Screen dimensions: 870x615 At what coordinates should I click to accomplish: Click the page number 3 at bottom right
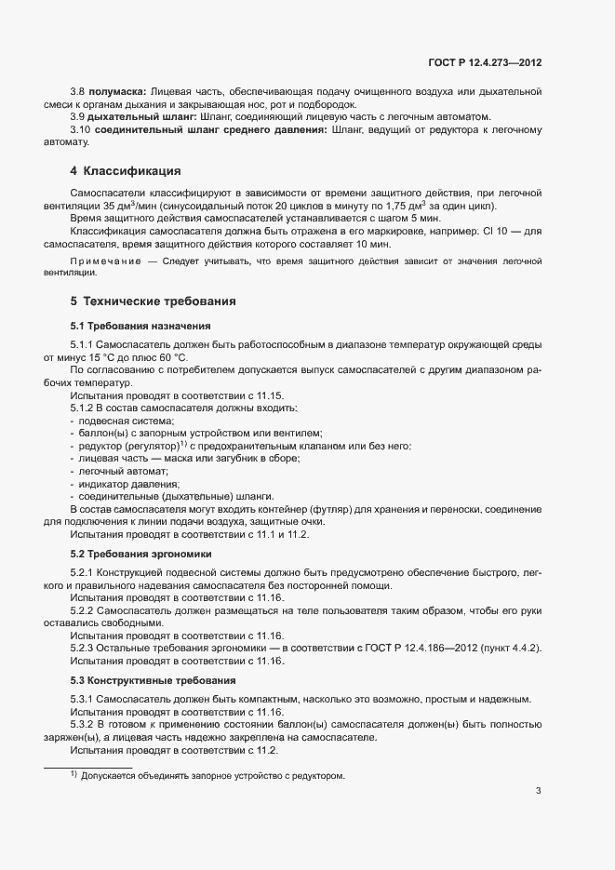click(538, 792)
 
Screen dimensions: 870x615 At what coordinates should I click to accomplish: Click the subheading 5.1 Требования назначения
click(141, 326)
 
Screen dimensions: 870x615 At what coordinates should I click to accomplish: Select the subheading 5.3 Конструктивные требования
click(146, 680)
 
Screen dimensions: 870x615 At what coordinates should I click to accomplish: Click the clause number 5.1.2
click(83, 408)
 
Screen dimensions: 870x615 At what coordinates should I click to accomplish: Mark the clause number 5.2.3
click(83, 648)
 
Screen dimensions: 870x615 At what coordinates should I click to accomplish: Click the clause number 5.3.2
click(83, 724)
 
